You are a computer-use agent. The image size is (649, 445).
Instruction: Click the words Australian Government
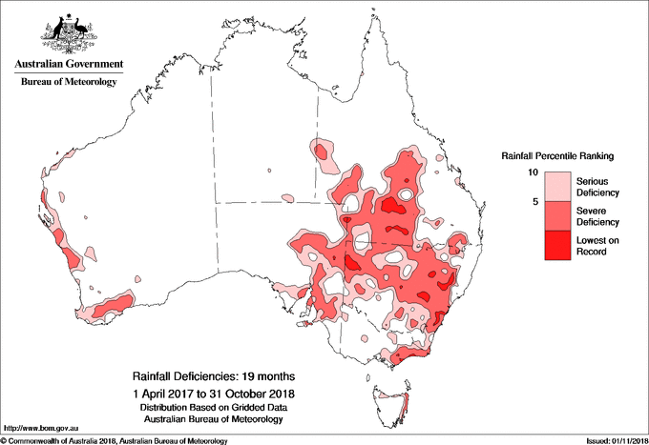pyautogui.click(x=68, y=65)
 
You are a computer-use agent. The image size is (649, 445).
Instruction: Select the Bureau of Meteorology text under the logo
pyautogui.click(x=68, y=83)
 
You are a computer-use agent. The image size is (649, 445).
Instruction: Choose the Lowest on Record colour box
pyautogui.click(x=556, y=245)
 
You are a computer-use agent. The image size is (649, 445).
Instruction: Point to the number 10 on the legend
pyautogui.click(x=535, y=172)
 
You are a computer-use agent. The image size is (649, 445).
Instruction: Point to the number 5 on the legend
pyautogui.click(x=537, y=202)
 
